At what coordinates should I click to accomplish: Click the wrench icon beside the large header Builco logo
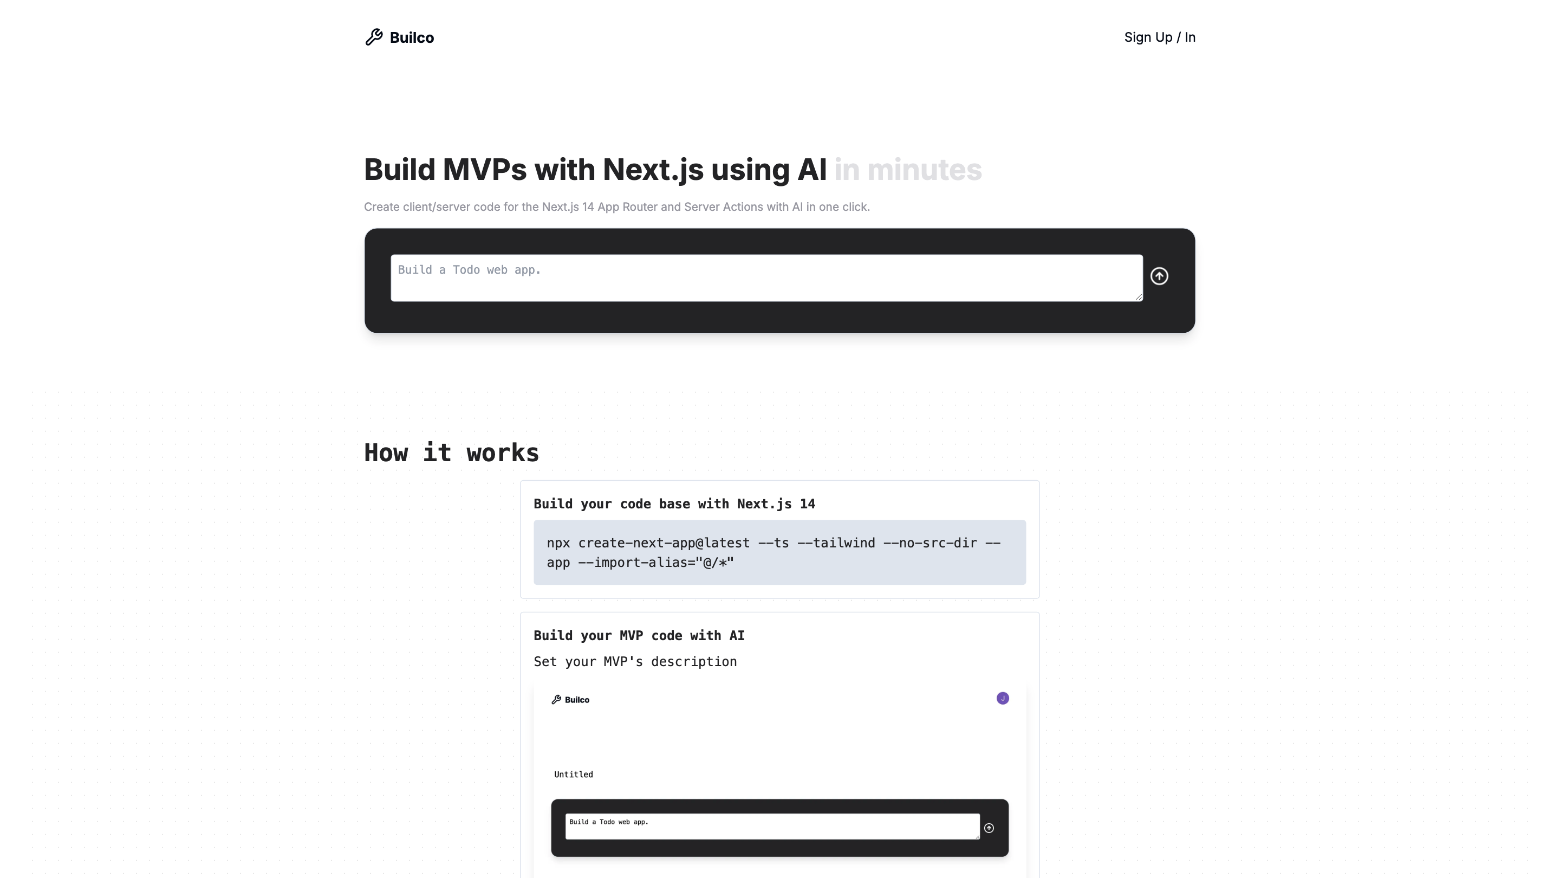374,37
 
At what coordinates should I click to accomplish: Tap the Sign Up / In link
1160,37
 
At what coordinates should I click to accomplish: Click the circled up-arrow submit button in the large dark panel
1159,276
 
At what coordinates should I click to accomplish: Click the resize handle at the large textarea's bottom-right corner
1139,297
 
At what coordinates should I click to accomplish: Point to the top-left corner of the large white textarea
391,255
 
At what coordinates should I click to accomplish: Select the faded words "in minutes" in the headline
908,170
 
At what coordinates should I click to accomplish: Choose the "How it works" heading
451,453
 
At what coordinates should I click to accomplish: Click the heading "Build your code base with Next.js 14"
674,504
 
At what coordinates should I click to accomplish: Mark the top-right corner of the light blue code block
1026,520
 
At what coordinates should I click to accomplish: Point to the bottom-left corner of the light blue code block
534,585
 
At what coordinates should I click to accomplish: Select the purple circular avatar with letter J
1003,698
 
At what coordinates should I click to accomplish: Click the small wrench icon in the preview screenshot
556,699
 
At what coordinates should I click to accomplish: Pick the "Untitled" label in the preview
574,774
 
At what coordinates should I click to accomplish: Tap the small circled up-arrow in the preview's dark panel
989,828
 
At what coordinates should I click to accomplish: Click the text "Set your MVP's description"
635,662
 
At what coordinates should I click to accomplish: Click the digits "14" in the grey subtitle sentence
588,206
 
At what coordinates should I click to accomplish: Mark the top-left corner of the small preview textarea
565,814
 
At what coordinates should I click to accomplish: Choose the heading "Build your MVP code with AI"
639,636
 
